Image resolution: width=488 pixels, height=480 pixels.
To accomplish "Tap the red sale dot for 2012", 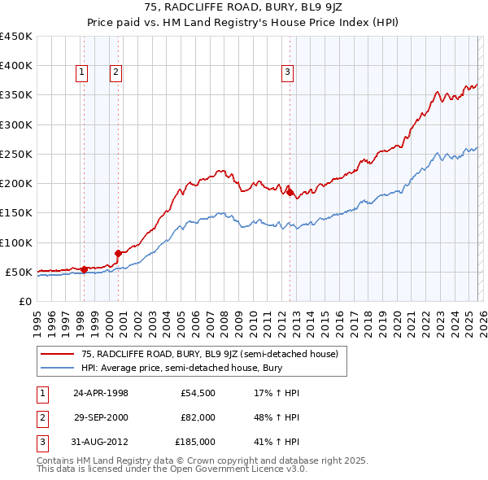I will point(290,192).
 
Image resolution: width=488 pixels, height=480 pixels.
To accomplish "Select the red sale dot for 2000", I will point(119,252).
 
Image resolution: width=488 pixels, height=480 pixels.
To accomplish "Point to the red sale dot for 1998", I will point(84,268).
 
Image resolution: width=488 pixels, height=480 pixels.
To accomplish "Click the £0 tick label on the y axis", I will point(26,301).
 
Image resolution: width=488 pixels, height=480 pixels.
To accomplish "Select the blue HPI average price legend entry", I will point(179,368).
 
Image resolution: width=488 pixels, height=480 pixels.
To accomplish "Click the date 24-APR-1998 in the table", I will point(101,393).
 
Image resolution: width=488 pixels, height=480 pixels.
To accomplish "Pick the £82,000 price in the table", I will point(198,417).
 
